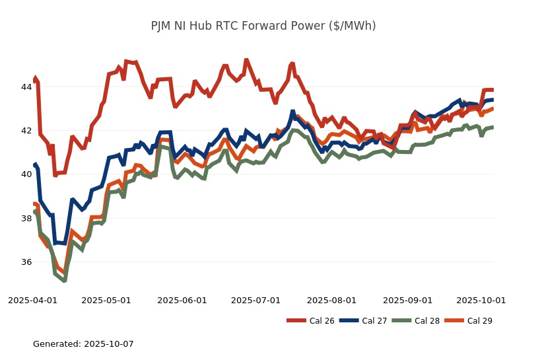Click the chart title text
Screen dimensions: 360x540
pyautogui.click(x=263, y=26)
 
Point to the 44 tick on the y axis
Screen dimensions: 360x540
pyautogui.click(x=26, y=87)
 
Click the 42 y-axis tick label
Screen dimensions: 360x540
pyautogui.click(x=26, y=131)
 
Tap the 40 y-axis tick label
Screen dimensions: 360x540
pyautogui.click(x=26, y=174)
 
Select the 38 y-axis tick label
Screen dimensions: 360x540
pyautogui.click(x=26, y=219)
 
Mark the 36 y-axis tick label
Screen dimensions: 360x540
pyautogui.click(x=26, y=262)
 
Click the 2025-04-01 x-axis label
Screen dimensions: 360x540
pyautogui.click(x=32, y=300)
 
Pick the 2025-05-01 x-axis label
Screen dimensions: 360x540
pyautogui.click(x=106, y=300)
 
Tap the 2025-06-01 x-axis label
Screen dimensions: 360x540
pyautogui.click(x=182, y=300)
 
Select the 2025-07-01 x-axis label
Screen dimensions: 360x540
pyautogui.click(x=255, y=300)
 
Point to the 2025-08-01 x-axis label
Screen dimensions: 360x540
pyautogui.click(x=331, y=300)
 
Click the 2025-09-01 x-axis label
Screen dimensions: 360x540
pyautogui.click(x=407, y=300)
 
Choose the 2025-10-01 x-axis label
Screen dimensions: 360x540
pyautogui.click(x=481, y=300)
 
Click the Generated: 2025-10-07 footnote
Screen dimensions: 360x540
pyautogui.click(x=83, y=344)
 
